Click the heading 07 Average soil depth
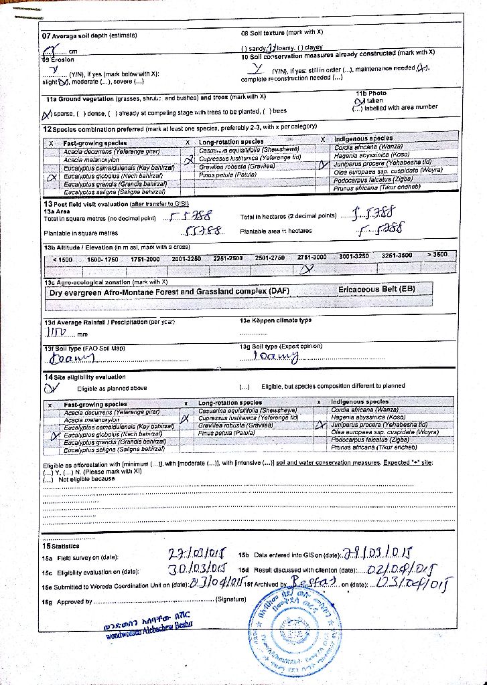coord(90,35)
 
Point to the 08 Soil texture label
coord(281,32)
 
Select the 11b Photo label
coord(371,94)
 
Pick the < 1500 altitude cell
coord(62,259)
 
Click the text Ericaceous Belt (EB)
coord(376,290)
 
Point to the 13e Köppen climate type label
coord(275,320)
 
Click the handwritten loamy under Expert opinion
coord(279,357)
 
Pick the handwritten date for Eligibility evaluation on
coord(196,570)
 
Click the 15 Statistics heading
coord(61,546)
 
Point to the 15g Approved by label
coord(67,602)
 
